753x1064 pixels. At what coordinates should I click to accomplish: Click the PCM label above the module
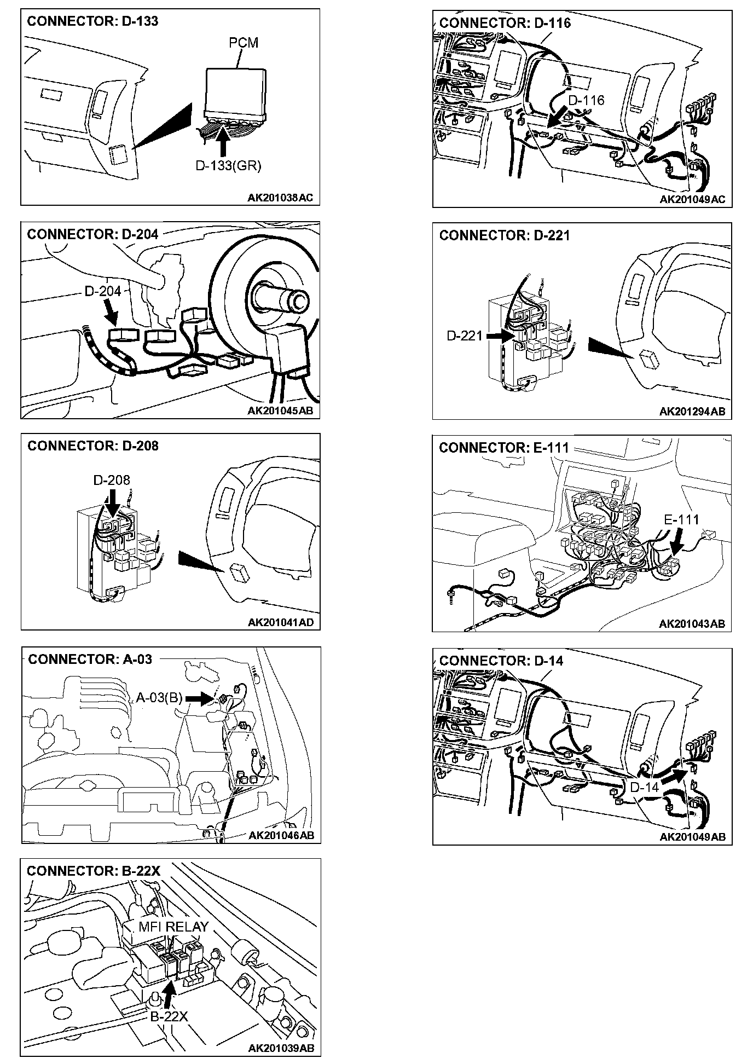pos(244,43)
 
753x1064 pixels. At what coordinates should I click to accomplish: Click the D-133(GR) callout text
pos(228,165)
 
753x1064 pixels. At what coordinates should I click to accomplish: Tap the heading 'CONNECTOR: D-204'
pos(92,234)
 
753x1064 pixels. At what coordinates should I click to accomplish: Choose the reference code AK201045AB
pos(280,410)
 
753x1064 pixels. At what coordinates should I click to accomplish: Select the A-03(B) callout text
pos(159,698)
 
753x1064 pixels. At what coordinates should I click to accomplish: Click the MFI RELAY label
pos(173,927)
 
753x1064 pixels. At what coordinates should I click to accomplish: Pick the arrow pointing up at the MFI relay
pos(170,993)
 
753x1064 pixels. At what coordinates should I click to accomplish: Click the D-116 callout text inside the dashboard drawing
pos(586,100)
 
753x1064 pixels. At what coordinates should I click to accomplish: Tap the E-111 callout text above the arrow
pos(681,519)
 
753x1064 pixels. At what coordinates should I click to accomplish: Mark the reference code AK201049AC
pos(692,199)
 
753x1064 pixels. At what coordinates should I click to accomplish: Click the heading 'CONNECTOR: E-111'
pos(504,448)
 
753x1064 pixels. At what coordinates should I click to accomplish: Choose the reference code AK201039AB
pos(281,1048)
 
